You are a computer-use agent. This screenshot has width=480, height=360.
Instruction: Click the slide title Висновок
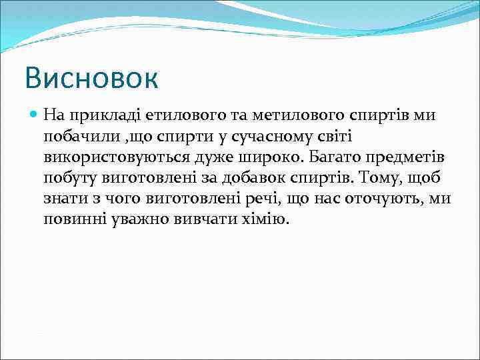tap(91, 77)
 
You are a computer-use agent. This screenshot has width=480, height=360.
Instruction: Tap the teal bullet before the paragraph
tap(34, 115)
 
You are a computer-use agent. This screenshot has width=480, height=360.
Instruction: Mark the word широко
tap(265, 157)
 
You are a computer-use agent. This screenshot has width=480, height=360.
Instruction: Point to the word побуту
tap(69, 178)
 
